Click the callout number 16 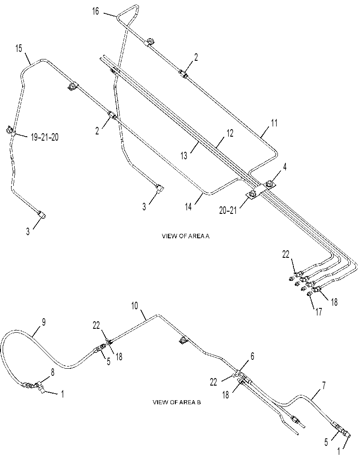[95, 12]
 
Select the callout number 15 [19, 48]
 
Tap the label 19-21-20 [44, 137]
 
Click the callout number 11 [274, 123]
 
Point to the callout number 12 [229, 134]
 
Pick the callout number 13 [184, 156]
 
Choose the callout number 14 [188, 207]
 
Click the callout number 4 [285, 167]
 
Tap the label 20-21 [228, 211]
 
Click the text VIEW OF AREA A [186, 236]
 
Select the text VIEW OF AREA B [177, 402]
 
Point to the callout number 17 [318, 312]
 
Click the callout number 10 [135, 306]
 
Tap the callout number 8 [53, 373]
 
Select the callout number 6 [252, 356]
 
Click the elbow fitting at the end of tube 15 [42, 214]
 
